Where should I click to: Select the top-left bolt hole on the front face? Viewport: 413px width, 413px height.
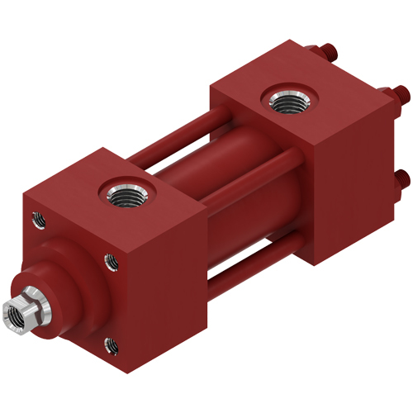tap(36, 219)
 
